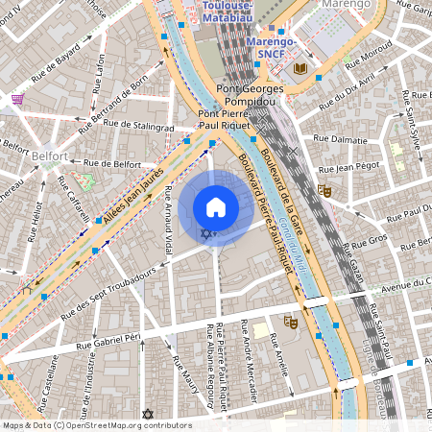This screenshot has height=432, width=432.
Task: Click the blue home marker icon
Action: click(x=216, y=207)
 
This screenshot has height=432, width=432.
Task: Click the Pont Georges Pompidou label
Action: click(x=252, y=93)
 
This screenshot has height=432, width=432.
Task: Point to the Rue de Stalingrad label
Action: click(x=143, y=126)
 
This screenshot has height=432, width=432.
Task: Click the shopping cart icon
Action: click(x=18, y=98)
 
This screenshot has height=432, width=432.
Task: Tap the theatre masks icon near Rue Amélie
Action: click(x=290, y=322)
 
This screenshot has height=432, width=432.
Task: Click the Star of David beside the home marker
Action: click(x=204, y=234)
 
